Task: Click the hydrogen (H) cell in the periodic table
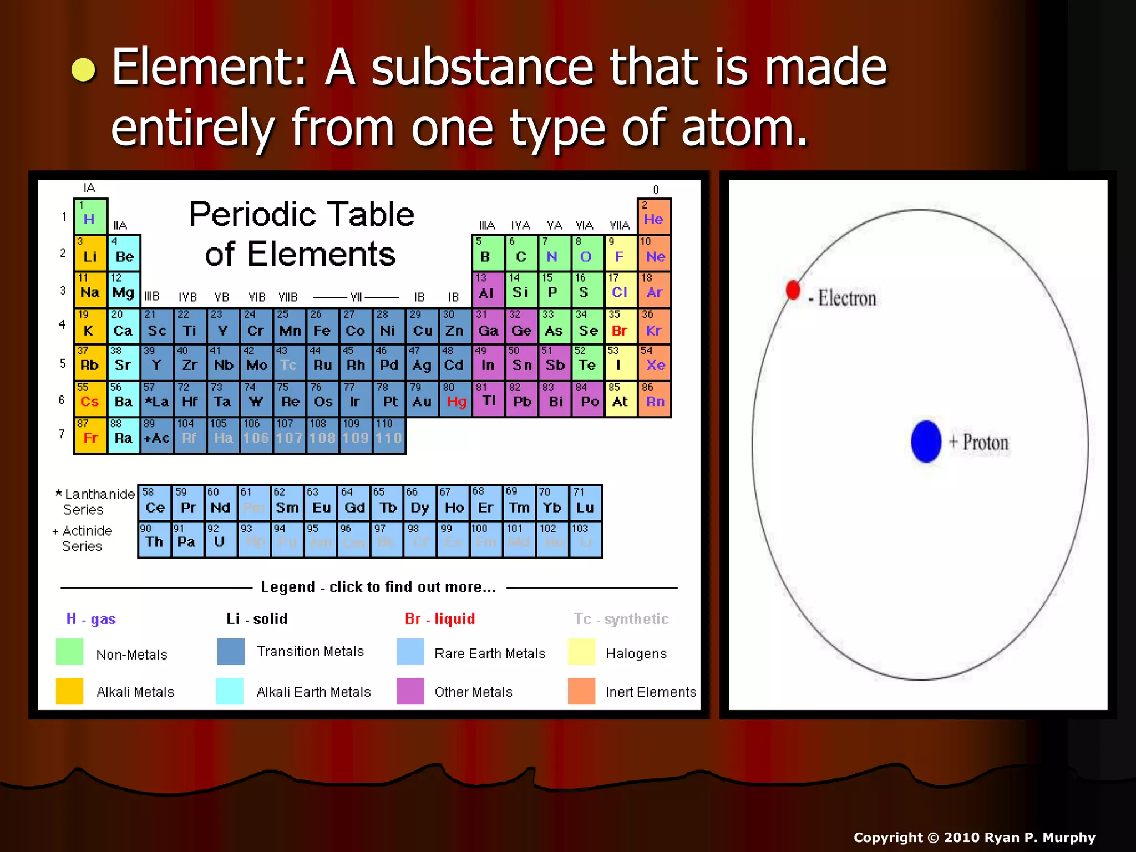(90, 215)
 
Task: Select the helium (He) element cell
(654, 215)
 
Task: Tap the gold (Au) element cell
(422, 398)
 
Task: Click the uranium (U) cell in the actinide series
(220, 539)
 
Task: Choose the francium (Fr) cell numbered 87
(90, 434)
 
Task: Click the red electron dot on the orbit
(793, 290)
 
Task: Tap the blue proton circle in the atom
(926, 442)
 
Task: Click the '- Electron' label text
(843, 298)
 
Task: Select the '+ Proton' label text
(979, 443)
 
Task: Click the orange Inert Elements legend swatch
(581, 691)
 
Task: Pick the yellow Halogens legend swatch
(581, 652)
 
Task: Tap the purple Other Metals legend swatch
(410, 691)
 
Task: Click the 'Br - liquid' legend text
(440, 618)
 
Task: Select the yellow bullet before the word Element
(84, 70)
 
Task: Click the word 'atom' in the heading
(743, 128)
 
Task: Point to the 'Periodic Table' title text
(301, 214)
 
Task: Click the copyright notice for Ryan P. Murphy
(974, 837)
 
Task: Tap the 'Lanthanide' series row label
(99, 494)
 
